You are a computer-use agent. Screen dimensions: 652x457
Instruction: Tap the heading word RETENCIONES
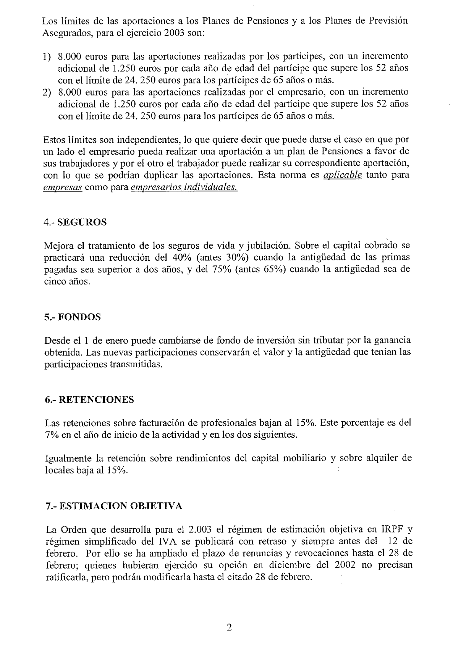pos(96,400)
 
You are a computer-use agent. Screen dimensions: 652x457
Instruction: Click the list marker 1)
pos(47,57)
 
